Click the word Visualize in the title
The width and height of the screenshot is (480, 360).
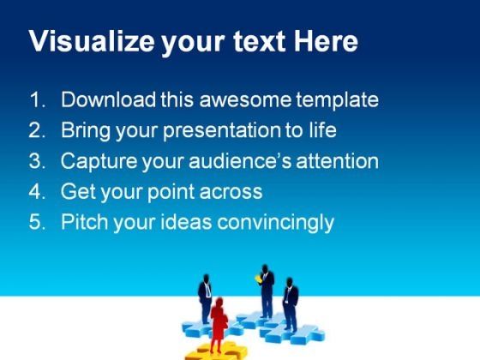(92, 41)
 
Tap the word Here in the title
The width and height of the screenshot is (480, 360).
(326, 41)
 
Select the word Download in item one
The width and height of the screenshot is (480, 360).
(108, 99)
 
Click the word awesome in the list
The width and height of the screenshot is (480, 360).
(245, 100)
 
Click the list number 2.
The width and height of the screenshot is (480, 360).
(37, 129)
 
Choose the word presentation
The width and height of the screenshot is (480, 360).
(222, 131)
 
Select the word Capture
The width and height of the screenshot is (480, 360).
(99, 162)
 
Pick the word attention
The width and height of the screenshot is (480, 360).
(337, 161)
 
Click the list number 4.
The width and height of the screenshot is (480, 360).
(37, 191)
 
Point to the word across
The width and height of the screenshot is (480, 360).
(231, 193)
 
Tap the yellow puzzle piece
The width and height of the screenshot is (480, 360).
(216, 351)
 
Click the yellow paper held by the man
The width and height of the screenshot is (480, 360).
(258, 279)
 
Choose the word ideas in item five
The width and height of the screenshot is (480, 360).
(186, 222)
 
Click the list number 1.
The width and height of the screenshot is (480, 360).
(38, 99)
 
